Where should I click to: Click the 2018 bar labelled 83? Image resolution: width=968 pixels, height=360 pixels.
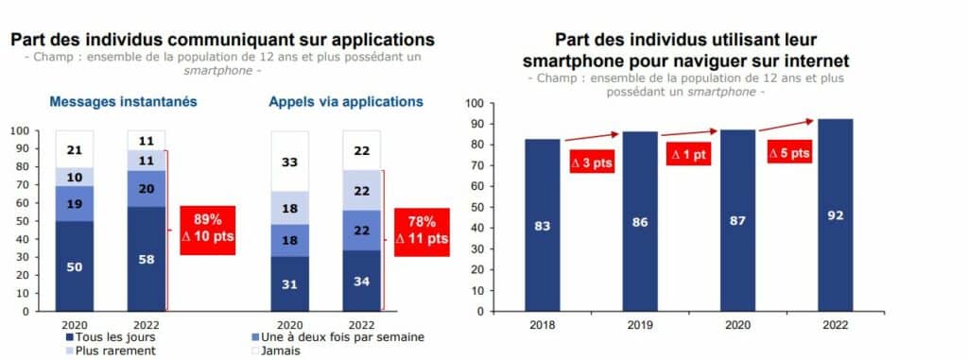tap(543, 225)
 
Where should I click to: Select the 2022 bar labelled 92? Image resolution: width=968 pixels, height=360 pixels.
tap(836, 214)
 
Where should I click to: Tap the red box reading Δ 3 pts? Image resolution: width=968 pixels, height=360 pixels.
tap(591, 163)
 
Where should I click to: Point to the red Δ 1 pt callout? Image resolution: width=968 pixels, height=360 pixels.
tap(688, 154)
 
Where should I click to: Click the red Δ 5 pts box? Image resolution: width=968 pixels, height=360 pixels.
tap(789, 151)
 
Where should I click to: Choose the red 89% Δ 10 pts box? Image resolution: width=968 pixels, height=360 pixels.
tap(207, 230)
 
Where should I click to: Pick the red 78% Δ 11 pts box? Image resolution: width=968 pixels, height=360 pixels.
tap(422, 232)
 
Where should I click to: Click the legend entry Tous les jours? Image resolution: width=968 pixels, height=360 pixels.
tap(111, 337)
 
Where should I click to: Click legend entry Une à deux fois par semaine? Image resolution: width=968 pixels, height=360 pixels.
tap(334, 337)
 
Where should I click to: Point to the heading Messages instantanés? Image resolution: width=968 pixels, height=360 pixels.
tap(124, 102)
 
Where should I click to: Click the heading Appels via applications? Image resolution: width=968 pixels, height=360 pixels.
tap(346, 102)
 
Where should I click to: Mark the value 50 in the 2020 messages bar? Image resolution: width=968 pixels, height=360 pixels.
tap(74, 266)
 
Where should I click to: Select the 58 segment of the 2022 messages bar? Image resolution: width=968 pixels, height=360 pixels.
tap(147, 259)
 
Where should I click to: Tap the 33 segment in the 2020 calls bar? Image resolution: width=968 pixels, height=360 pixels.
tap(290, 162)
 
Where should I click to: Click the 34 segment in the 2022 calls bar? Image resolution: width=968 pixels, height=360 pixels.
tap(362, 281)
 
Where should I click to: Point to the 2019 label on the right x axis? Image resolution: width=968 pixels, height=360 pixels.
tap(640, 325)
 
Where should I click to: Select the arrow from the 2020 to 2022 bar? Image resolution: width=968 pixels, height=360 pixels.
tap(786, 126)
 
